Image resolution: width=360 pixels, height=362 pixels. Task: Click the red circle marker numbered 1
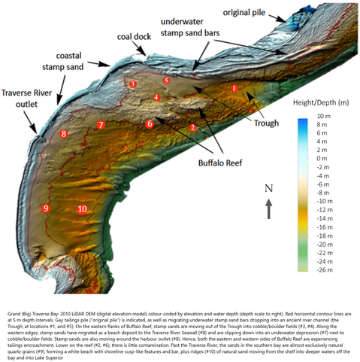pos(234,89)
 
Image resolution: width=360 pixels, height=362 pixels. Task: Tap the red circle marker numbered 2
pos(193,128)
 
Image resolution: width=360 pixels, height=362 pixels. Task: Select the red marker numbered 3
pos(133,84)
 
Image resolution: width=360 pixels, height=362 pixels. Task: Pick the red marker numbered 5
pos(167,80)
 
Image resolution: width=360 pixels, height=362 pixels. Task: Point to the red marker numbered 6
pos(150,123)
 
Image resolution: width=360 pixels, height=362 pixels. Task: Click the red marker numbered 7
pos(101,124)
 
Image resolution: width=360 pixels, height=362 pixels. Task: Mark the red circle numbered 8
pos(64,134)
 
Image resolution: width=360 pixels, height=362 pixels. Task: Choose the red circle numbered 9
pos(46,208)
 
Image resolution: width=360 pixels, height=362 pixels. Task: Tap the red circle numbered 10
pos(82,209)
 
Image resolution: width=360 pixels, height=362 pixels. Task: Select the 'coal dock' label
pos(134,36)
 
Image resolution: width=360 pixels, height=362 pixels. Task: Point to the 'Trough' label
pos(266,123)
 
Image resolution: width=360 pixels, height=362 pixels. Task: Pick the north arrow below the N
pos(268,208)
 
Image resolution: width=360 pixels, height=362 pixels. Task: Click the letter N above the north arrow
pos(268,187)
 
